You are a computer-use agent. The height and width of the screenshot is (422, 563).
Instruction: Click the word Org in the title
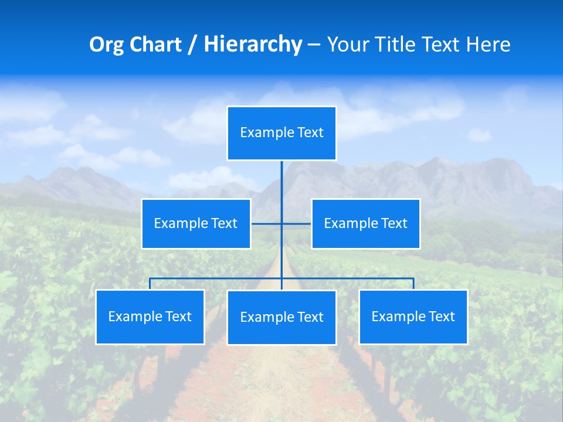click(106, 45)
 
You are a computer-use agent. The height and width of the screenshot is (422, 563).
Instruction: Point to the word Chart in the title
click(155, 45)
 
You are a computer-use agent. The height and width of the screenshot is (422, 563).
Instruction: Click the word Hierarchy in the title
click(252, 45)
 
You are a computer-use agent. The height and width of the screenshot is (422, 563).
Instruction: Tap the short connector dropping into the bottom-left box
click(150, 284)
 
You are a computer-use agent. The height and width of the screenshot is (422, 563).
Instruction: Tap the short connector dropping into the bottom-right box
click(413, 284)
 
